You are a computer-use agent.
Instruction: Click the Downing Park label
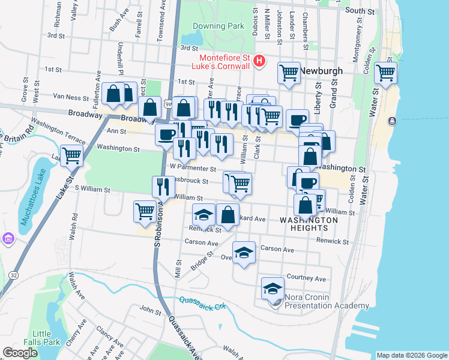coord(218,26)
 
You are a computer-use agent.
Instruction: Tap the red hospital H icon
coord(259,60)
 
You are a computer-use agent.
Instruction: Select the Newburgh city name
coord(321,71)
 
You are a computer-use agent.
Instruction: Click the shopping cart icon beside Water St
coord(385,73)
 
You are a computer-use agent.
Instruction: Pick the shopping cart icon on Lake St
coord(71,155)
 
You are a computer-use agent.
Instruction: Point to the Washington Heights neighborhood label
coord(304,224)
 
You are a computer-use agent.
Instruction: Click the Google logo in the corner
coord(20,353)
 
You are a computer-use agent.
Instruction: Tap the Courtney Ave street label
coord(306,278)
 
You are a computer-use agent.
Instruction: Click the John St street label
coord(151,311)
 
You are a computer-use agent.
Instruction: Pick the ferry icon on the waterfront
coord(393,121)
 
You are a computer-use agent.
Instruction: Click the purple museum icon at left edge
coord(8,239)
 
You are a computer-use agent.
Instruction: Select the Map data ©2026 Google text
coord(411,355)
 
